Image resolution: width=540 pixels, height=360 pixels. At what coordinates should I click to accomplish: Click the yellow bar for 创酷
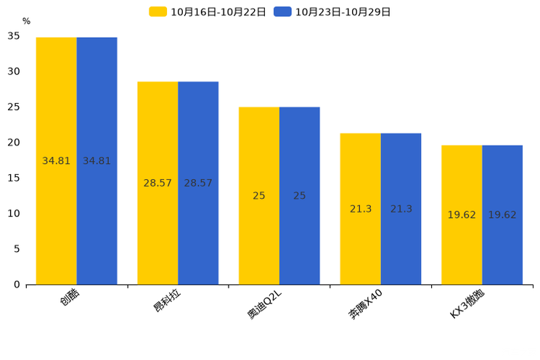coord(56,161)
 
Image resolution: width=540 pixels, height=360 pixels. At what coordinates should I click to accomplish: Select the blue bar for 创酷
coord(97,161)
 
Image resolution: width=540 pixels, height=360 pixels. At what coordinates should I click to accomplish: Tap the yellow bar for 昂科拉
coord(157,184)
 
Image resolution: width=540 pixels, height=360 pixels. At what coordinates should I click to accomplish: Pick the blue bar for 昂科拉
coord(198,184)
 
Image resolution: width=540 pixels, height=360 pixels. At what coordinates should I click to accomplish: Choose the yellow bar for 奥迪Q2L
coord(259,196)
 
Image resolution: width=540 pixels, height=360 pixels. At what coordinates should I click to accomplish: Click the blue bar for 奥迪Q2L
coord(300,196)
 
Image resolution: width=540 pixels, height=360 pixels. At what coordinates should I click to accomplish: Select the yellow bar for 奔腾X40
coord(360,209)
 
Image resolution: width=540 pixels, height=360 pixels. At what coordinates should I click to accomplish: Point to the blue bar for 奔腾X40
coord(401,209)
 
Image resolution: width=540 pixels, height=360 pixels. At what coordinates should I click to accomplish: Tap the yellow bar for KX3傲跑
coord(462,215)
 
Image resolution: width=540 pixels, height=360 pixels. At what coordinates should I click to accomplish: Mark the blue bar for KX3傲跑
coord(502,215)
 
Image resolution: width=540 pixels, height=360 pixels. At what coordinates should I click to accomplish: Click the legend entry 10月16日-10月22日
coord(208,12)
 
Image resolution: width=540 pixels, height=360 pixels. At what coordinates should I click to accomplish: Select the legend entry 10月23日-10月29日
coord(332,12)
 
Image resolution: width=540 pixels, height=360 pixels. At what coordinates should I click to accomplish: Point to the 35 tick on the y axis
coord(14,36)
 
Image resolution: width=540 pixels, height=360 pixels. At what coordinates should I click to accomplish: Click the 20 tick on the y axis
coord(14,142)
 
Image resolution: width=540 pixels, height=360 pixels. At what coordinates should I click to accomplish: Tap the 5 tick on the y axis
coord(17,249)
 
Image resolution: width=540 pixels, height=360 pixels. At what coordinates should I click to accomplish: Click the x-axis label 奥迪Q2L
coord(264,304)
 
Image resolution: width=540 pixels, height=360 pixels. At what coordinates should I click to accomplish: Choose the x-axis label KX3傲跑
coord(467,304)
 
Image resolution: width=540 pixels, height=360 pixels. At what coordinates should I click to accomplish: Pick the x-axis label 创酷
coord(70,297)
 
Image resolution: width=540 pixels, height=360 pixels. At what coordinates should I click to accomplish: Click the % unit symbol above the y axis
coord(27,21)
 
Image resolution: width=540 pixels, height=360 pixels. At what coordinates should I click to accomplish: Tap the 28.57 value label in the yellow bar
coord(157,184)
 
